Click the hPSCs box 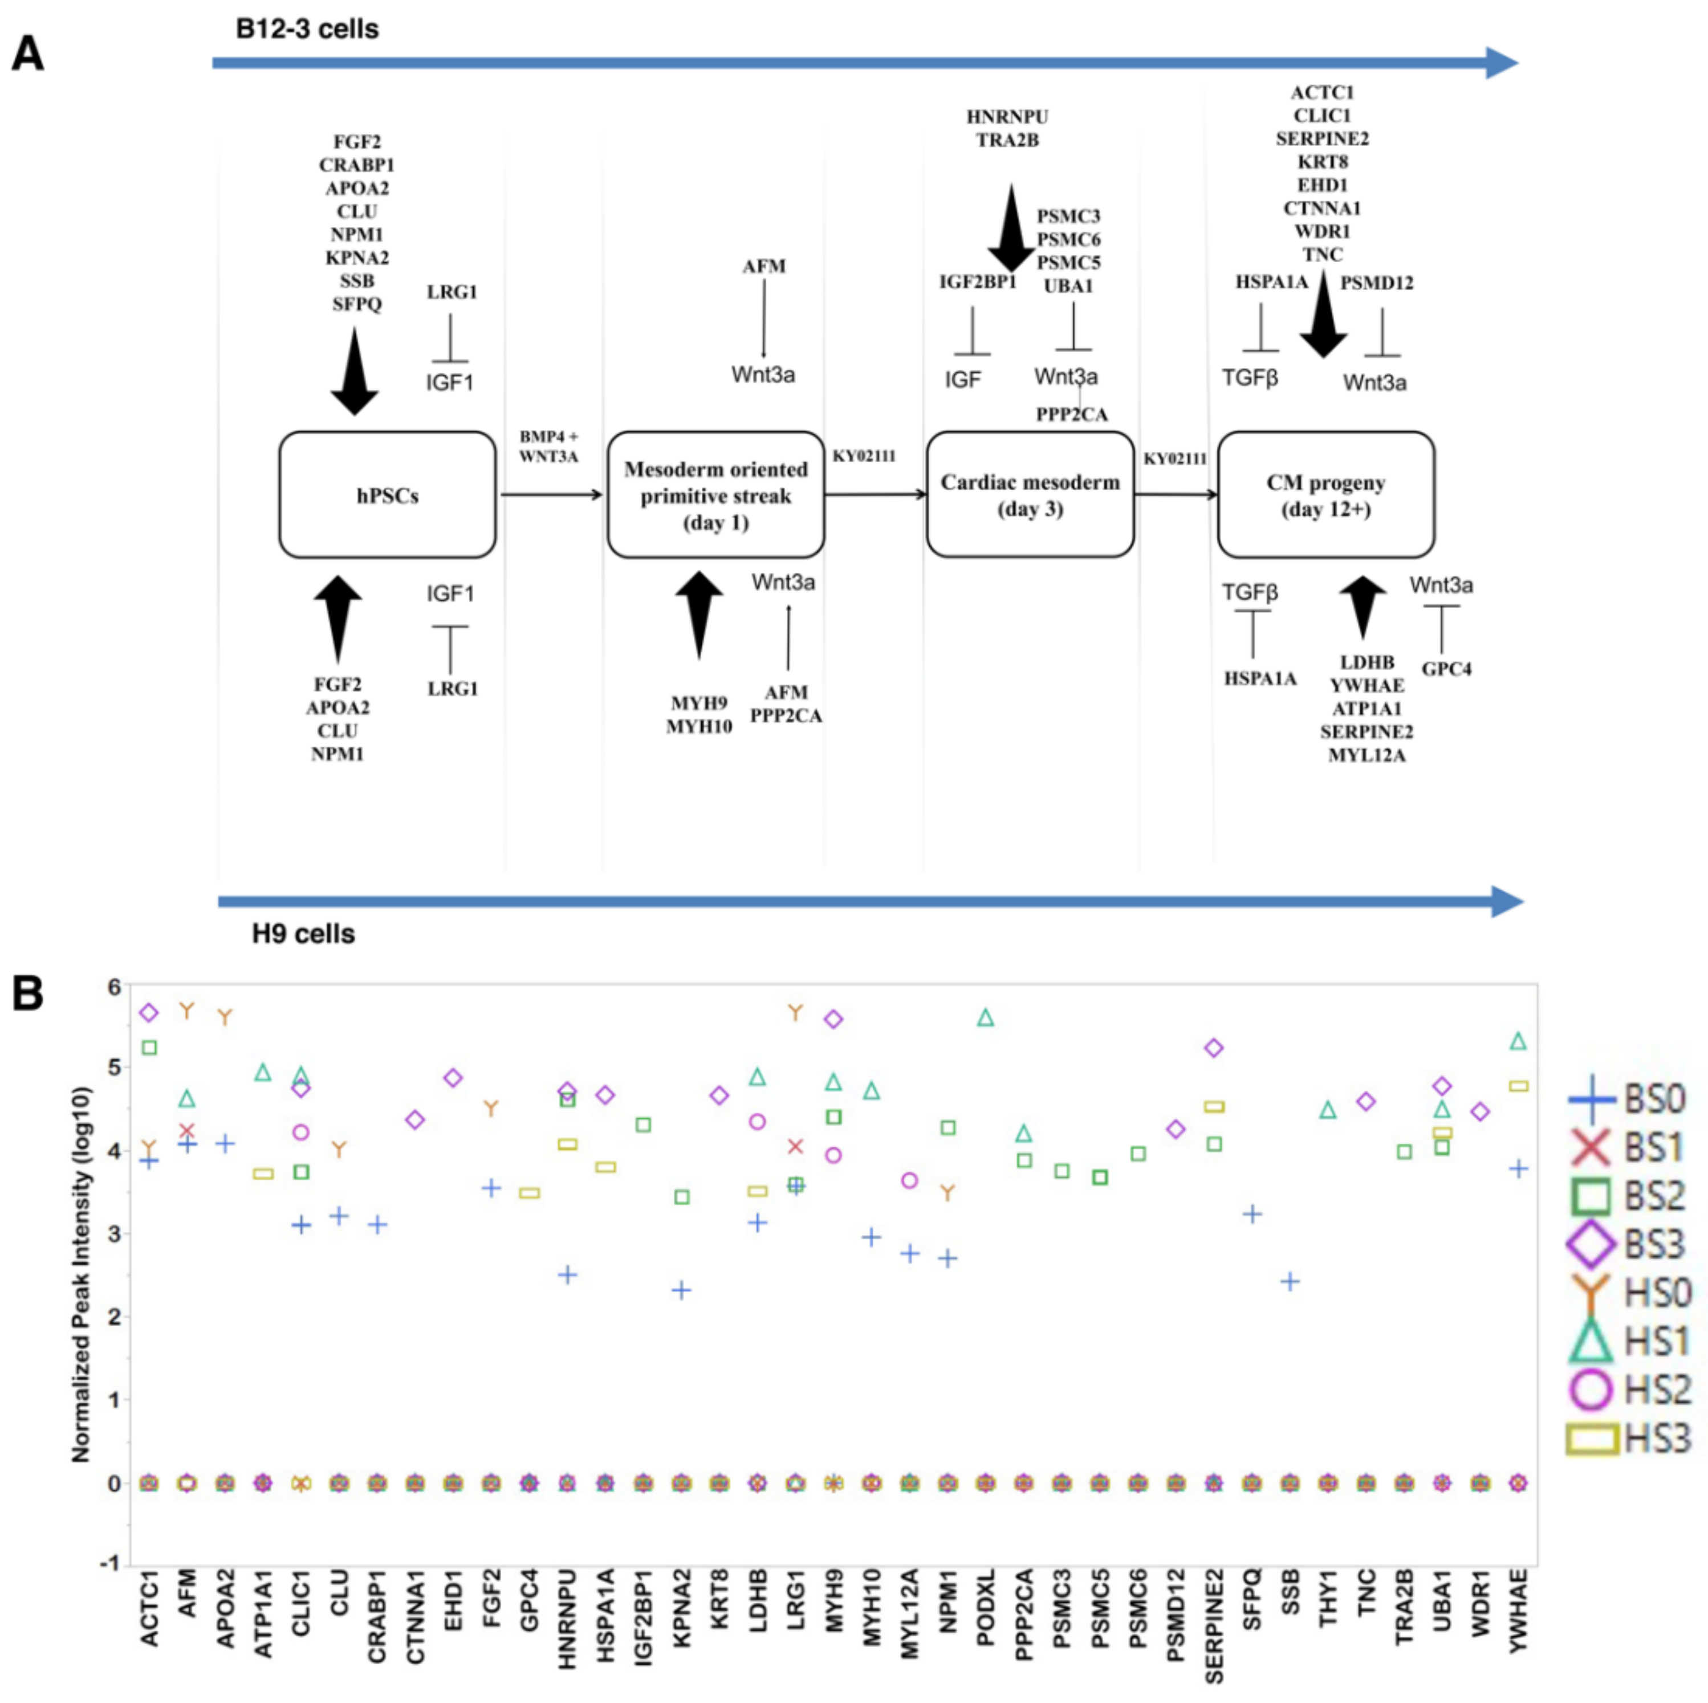(387, 495)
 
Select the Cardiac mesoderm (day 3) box (1030, 495)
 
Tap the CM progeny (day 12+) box (1325, 495)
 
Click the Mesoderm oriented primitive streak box (715, 495)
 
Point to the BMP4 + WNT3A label (548, 446)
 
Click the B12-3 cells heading (307, 29)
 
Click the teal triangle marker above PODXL (986, 1018)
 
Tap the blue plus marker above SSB (1290, 1281)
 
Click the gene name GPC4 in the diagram (1446, 669)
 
